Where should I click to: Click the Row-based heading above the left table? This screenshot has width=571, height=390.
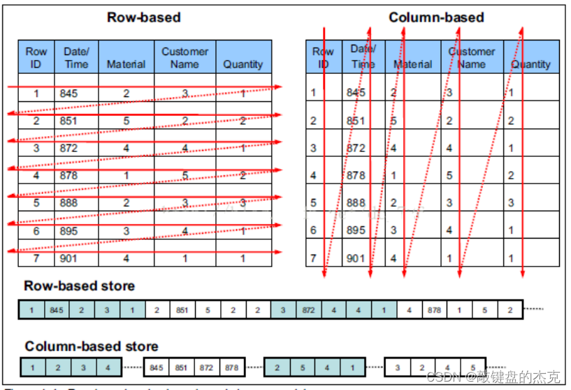coord(143,17)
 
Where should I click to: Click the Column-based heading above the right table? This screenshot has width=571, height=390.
coord(436,17)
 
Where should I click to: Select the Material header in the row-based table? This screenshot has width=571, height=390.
coord(126,64)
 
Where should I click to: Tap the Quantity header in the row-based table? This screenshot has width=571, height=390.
coord(243,64)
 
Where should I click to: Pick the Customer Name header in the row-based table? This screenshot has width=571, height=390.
coord(185,57)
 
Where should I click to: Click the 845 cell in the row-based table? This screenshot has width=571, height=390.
coord(68,93)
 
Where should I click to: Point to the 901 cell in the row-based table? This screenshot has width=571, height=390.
coord(68,258)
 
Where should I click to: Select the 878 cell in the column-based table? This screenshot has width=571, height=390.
coord(356,175)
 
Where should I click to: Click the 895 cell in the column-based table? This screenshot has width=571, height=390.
coord(356,230)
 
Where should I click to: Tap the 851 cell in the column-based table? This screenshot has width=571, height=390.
coord(356,120)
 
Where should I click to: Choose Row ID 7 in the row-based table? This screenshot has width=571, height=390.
coord(36,258)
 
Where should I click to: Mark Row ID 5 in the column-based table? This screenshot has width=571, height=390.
coord(313,203)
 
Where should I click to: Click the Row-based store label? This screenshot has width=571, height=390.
coord(79,286)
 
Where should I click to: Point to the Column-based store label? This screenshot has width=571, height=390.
coord(92,346)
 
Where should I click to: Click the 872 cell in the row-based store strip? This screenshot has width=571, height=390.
coord(308,309)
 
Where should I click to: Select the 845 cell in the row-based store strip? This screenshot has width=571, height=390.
coord(57,309)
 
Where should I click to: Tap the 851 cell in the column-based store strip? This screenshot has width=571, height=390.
coord(180,367)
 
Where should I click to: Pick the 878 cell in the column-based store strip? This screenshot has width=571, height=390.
coord(230,367)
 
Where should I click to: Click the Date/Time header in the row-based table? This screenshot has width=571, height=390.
coord(76,57)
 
